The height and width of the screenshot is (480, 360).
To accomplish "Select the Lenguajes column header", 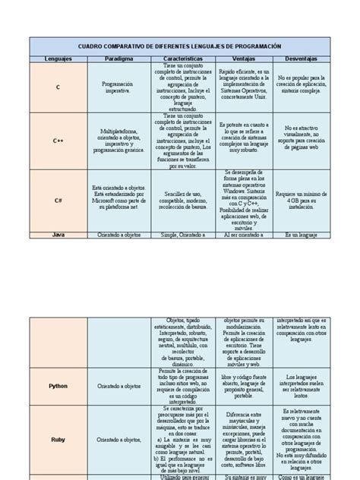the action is click(x=58, y=58).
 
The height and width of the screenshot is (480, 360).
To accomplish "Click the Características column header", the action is click(x=185, y=58).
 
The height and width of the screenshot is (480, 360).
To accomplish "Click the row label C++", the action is click(x=58, y=141).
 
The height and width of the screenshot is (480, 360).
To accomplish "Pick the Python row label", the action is click(x=58, y=386).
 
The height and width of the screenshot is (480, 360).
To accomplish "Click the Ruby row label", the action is click(x=58, y=439).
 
